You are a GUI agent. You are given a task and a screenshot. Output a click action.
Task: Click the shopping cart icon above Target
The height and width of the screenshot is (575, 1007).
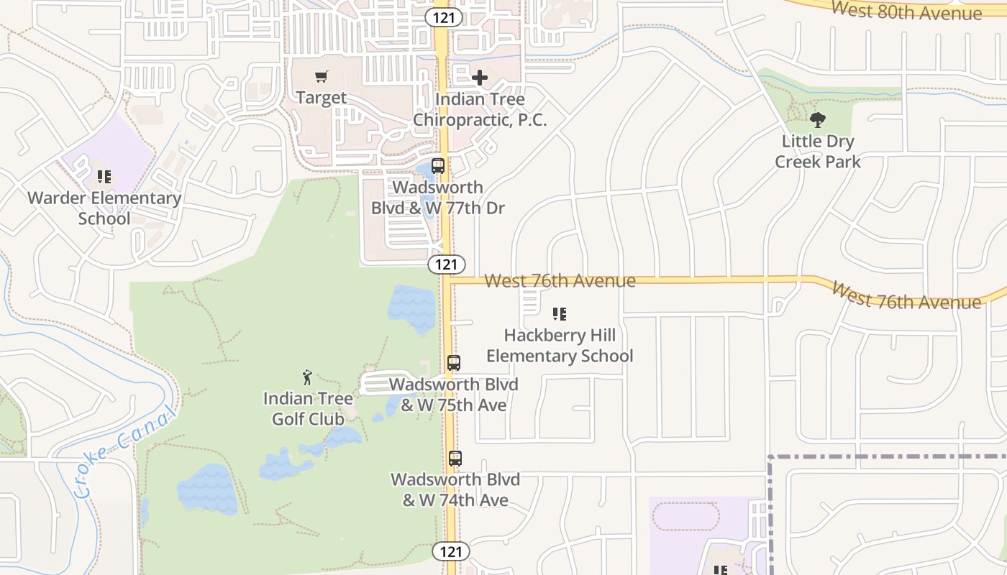(322, 76)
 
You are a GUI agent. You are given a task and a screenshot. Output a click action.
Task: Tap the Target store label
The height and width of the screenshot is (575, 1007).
(322, 98)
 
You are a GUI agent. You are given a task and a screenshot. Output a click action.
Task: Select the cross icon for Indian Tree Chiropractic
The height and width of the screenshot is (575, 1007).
(480, 78)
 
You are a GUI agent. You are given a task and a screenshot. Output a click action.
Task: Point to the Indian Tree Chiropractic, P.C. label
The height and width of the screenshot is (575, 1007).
(480, 109)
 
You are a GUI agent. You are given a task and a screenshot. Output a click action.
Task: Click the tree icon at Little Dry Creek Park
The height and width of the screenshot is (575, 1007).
(817, 120)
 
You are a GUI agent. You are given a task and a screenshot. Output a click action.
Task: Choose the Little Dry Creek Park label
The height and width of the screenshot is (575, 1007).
(817, 151)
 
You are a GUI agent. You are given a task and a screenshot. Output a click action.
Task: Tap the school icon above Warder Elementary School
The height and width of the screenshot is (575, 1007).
(104, 176)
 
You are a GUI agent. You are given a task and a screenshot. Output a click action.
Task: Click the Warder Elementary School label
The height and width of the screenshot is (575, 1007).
(104, 208)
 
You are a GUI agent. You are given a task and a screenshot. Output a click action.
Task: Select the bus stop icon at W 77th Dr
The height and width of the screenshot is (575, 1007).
(438, 166)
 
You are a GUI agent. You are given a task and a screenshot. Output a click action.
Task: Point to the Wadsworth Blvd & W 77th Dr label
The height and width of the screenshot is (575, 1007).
(438, 198)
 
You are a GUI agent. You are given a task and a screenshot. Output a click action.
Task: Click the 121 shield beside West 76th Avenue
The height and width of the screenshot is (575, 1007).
(447, 264)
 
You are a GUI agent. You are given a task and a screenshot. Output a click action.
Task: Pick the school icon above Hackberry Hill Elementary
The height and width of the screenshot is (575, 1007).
(560, 314)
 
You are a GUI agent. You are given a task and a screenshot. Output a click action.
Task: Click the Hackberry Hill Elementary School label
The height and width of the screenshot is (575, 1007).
(560, 346)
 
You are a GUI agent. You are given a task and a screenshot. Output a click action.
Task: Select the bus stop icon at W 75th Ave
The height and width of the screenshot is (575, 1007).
(454, 363)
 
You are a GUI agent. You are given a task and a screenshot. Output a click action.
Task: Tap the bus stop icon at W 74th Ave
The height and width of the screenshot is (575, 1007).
(455, 458)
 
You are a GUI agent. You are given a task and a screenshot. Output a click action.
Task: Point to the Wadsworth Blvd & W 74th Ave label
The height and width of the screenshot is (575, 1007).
(455, 489)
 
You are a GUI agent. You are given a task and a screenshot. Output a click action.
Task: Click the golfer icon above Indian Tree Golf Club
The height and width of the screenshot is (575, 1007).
(307, 377)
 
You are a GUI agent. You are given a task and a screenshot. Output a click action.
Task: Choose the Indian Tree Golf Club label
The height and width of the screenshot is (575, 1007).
(308, 408)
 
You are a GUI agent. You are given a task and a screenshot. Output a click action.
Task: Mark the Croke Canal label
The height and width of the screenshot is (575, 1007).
(124, 453)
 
